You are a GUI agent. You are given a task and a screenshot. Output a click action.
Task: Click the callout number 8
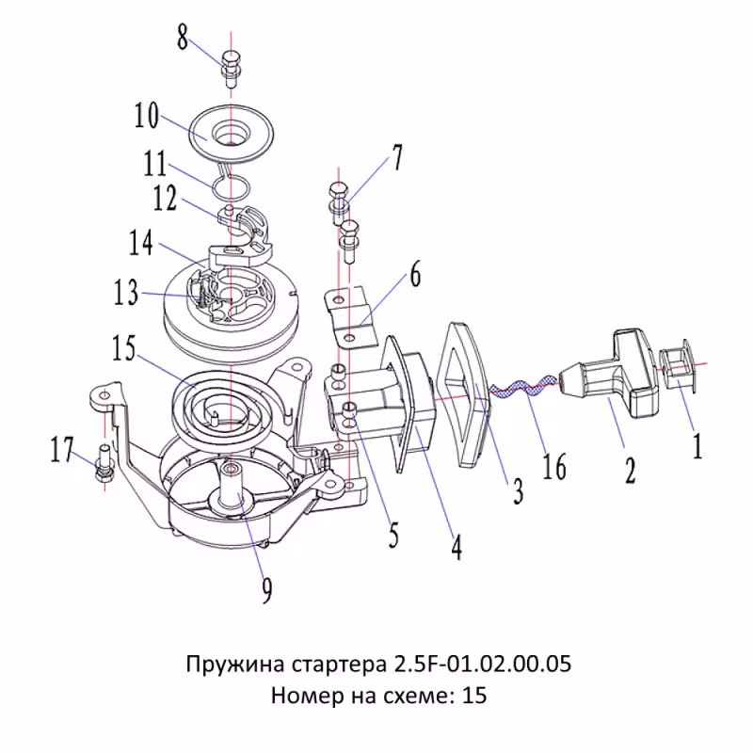pos(183,39)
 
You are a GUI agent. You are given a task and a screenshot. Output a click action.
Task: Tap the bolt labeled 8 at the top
pos(231,68)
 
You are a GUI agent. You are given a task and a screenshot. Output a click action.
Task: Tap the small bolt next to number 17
pos(104,466)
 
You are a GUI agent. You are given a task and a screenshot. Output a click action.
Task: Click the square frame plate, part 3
pos(467,391)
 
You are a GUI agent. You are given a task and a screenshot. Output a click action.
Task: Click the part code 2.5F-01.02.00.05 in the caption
pos(479,665)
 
